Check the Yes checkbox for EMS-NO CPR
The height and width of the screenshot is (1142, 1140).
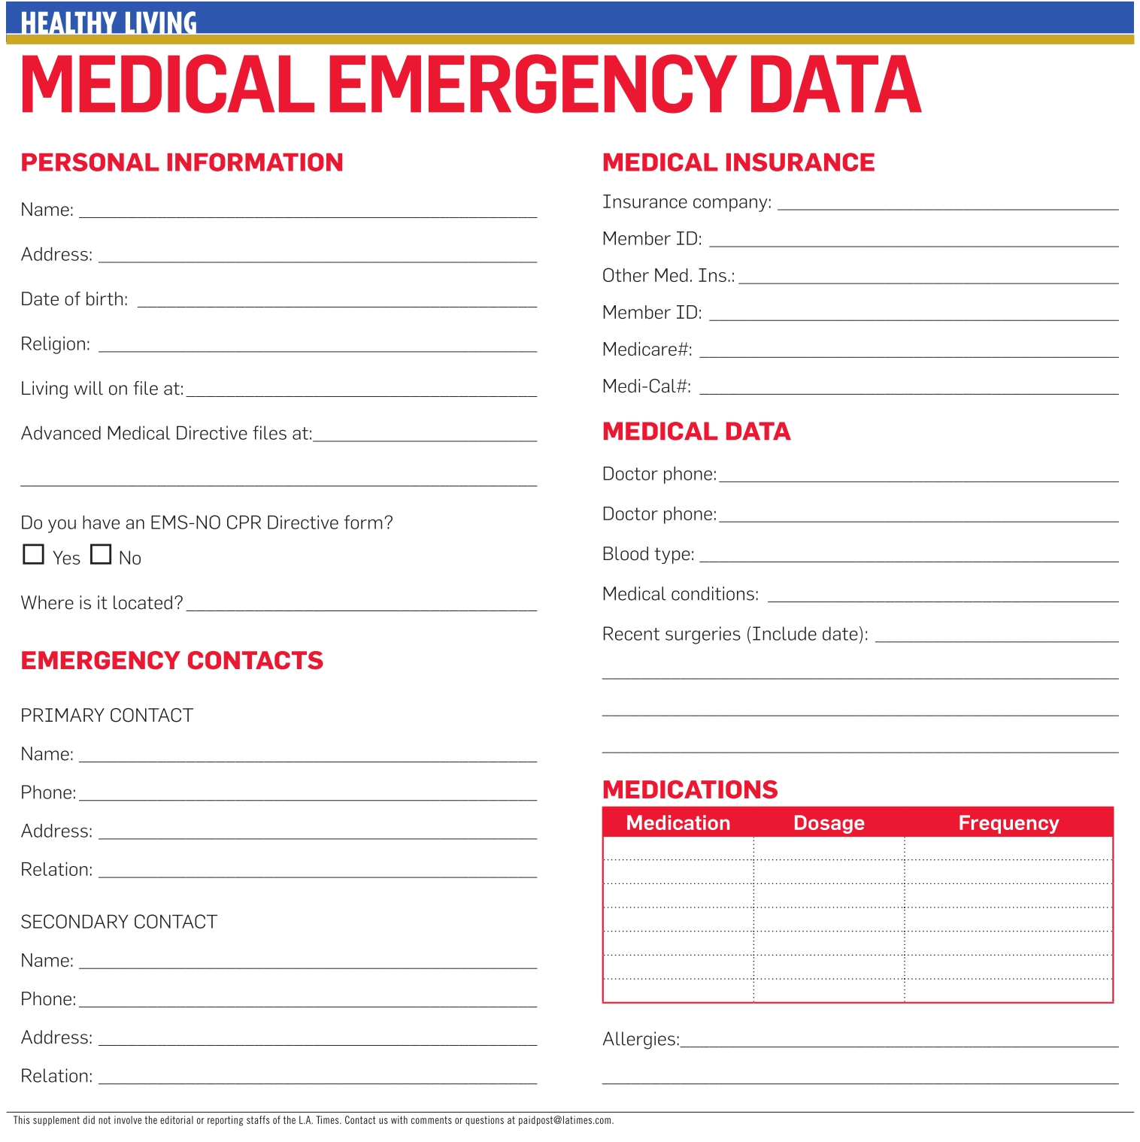point(34,554)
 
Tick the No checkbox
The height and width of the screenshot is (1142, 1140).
point(101,554)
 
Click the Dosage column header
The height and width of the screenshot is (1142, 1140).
point(829,822)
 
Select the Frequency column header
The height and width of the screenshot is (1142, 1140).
point(1008,822)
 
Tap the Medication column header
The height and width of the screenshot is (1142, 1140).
point(678,822)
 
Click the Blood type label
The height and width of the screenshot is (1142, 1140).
point(648,554)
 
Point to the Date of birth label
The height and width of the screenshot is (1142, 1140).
point(74,299)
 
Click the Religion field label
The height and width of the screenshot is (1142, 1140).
point(56,344)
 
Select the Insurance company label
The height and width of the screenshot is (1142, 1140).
point(687,202)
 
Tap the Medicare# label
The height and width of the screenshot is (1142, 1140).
point(647,350)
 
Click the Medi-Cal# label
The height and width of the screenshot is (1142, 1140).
point(647,386)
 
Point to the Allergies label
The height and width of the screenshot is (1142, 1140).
point(641,1039)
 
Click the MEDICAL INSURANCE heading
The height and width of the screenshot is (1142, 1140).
point(738,162)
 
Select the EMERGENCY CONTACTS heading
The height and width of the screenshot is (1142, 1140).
point(172,660)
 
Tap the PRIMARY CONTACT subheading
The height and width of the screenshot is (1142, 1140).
point(107,715)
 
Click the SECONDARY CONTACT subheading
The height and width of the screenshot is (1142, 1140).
point(119,922)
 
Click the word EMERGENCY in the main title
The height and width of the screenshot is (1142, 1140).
point(531,84)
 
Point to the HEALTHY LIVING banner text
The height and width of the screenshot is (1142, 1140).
point(108,23)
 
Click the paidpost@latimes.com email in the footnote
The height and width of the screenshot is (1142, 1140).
point(565,1120)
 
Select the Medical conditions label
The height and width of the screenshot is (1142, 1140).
point(681,594)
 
